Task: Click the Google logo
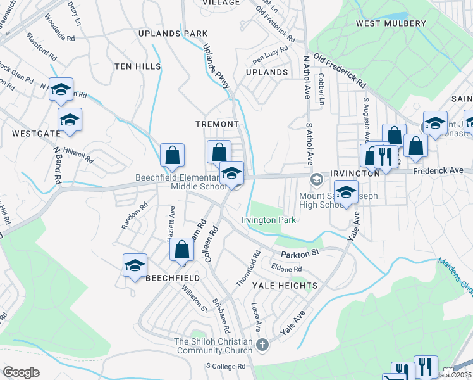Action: [x=21, y=372]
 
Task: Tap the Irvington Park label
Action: [x=269, y=220]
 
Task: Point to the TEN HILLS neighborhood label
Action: [x=138, y=66]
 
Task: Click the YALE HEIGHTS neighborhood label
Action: [x=285, y=286]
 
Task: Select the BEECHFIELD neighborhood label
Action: [x=173, y=278]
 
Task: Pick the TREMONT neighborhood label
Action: [x=217, y=124]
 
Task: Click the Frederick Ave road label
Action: [x=443, y=170]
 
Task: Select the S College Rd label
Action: [x=226, y=366]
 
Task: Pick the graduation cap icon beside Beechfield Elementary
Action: [x=232, y=173]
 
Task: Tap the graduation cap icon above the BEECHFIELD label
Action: [x=135, y=266]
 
